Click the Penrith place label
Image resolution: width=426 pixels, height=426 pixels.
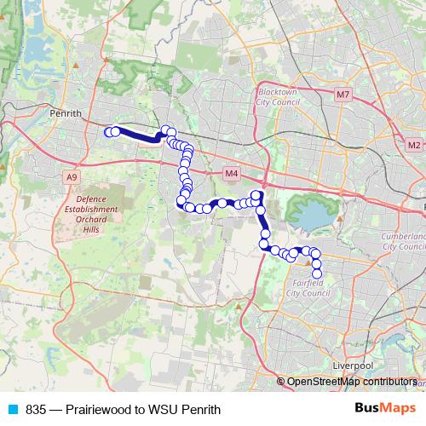point(66,112)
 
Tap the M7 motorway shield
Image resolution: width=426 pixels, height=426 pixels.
point(343,94)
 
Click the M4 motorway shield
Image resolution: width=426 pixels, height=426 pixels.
point(231,174)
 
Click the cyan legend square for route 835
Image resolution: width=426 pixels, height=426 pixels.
point(13,410)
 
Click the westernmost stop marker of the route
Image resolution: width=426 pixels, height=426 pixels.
point(109,131)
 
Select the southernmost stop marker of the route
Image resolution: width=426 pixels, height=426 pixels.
point(317,273)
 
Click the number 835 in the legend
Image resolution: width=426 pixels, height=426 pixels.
point(36,410)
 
